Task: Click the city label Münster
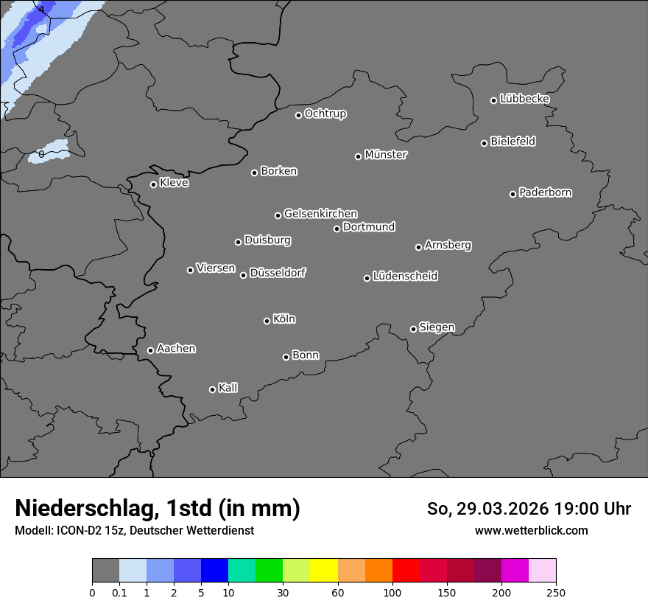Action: pos(386,155)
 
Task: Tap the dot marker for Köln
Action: pos(267,321)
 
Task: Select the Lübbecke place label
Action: pos(524,99)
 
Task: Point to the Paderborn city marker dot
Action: pos(513,194)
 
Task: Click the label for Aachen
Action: pos(176,349)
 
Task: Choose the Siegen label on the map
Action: pos(437,327)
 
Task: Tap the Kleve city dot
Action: pos(153,184)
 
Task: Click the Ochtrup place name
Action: pos(325,114)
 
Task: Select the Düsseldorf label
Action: pos(278,273)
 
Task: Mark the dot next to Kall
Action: pos(212,389)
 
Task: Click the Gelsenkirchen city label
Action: pos(320,214)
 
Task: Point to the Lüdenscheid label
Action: pos(405,277)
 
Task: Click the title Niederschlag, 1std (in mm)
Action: pos(158,508)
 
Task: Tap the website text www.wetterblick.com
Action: pos(531,530)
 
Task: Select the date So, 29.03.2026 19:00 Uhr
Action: pos(529,509)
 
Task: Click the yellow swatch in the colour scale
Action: pos(323,571)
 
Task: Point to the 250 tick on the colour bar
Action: pos(556,592)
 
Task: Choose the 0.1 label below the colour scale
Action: pos(119,592)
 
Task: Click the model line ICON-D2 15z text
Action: pos(134,530)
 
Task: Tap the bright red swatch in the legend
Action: pos(405,571)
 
